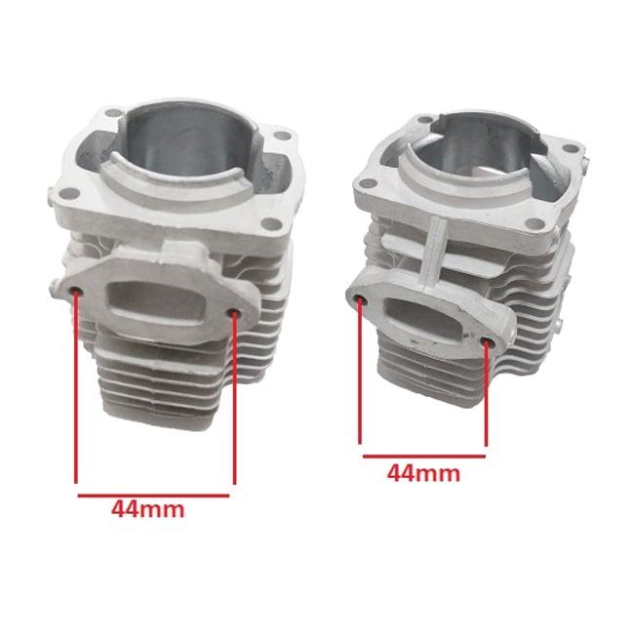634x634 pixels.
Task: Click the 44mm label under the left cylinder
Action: [x=147, y=508]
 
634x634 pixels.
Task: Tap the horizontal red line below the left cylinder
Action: [x=153, y=495]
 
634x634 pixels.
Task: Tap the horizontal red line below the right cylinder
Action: [x=423, y=456]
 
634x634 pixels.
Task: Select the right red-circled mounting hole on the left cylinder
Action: [x=235, y=311]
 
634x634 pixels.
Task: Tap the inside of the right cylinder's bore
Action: [x=468, y=146]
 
